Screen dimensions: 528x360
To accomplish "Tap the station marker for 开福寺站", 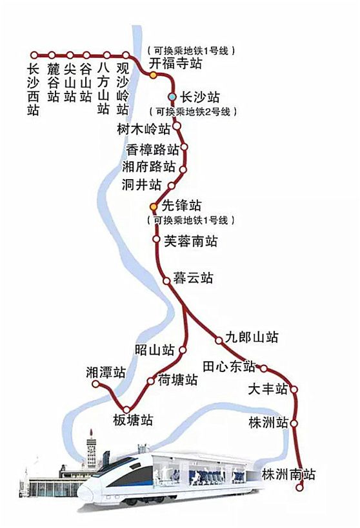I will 153,75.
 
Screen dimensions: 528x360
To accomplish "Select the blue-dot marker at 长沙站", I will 172,97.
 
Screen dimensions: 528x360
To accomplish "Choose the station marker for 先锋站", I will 154,207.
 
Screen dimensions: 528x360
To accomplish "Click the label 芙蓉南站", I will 191,242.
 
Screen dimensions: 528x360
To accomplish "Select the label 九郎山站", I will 252,337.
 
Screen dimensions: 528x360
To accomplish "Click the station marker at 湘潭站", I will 95,384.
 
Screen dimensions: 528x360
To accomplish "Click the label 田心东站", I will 229,366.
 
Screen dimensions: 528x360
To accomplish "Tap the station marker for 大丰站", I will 294,389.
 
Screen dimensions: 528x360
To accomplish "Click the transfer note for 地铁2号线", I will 192,112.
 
